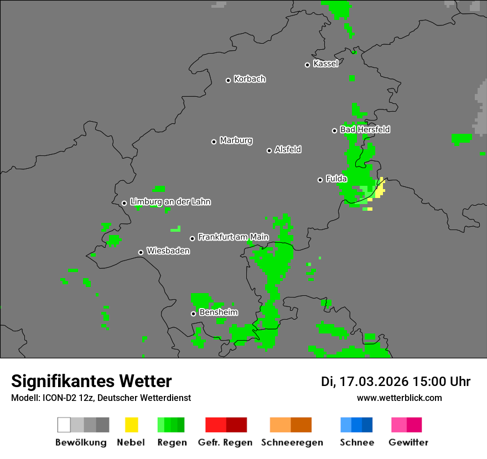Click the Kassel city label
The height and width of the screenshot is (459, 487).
coord(325,64)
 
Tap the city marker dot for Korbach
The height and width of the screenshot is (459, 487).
coord(228,80)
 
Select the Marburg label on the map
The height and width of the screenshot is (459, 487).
coord(236,140)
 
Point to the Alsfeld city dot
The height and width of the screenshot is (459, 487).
coord(269,150)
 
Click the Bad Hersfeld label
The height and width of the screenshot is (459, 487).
coord(365,129)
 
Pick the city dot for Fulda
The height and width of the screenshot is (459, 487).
coord(320,180)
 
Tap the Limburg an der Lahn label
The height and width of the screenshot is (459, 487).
coord(170,202)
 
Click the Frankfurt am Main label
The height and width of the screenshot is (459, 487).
coord(233,237)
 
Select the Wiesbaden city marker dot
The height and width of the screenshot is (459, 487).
coord(141,252)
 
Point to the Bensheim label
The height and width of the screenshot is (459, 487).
coord(218,312)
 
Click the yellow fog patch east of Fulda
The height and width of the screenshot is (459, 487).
coord(380,190)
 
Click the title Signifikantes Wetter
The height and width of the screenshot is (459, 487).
coord(91,381)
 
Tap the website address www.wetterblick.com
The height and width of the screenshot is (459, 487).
coord(400,398)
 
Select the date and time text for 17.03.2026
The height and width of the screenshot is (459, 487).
coord(395,382)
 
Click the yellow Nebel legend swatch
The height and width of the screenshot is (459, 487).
coord(131,425)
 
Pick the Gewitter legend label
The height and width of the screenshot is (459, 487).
coord(408,442)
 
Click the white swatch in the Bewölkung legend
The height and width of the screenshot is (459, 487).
coord(64,425)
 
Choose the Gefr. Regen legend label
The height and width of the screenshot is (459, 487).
coord(225,442)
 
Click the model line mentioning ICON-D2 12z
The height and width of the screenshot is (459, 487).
coord(101,398)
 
